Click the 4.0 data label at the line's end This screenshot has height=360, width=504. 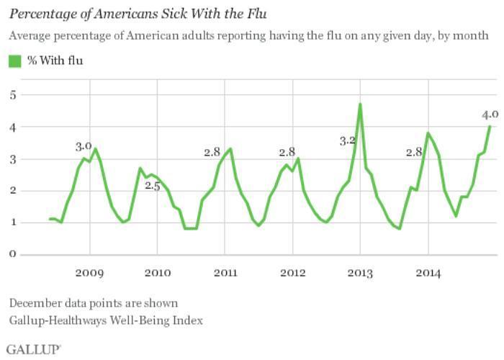point(490,114)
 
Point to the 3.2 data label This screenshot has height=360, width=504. point(348,141)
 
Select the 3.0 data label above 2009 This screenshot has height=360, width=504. point(84,146)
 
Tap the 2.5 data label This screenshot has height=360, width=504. point(152,186)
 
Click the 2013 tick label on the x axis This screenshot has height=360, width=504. point(360,273)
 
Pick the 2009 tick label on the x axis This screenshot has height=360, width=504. point(90,273)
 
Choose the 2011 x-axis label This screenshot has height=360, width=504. point(225,273)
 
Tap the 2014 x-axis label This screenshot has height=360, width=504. point(428,273)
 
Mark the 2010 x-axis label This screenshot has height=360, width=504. point(158,273)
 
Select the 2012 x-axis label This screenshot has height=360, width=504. point(293,273)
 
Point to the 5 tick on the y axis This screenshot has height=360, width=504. point(12,95)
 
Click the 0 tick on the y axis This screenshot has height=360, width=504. point(12,254)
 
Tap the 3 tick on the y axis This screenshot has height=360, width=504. point(12,158)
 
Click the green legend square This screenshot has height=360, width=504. point(14,61)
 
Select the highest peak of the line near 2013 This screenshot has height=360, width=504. point(360,104)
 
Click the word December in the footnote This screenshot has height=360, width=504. point(33,302)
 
